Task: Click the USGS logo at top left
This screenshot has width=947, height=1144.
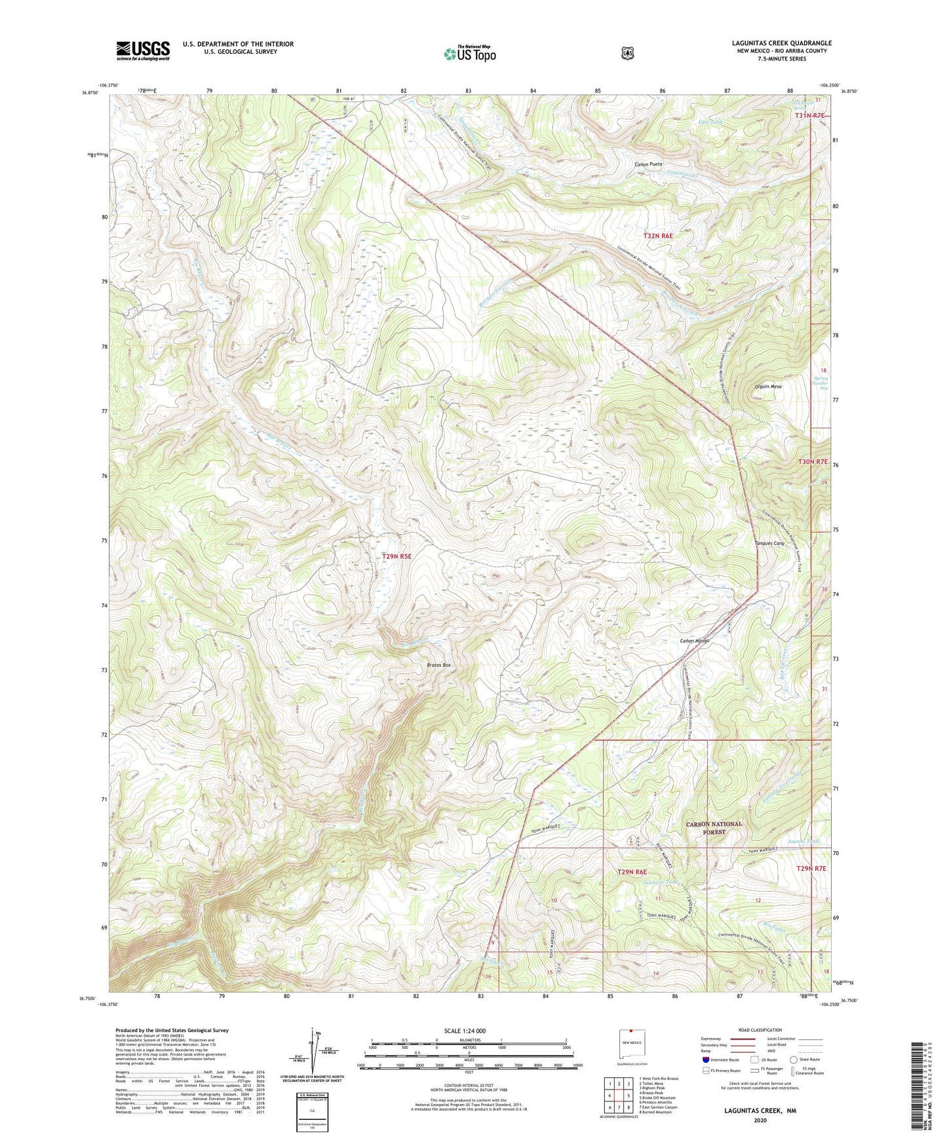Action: (143, 50)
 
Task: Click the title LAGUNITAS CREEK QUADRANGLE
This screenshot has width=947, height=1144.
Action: (781, 43)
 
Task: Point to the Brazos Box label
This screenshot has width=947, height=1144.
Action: (438, 665)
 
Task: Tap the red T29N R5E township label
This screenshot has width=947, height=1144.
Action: (396, 556)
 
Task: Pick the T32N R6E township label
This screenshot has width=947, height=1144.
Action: (658, 235)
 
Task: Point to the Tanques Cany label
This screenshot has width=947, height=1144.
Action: (769, 543)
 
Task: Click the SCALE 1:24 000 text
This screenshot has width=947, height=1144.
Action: (465, 1031)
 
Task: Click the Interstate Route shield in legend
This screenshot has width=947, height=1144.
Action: (705, 1059)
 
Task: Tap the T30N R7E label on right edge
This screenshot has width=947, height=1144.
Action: (813, 462)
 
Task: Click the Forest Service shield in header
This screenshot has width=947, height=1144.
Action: (627, 53)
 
